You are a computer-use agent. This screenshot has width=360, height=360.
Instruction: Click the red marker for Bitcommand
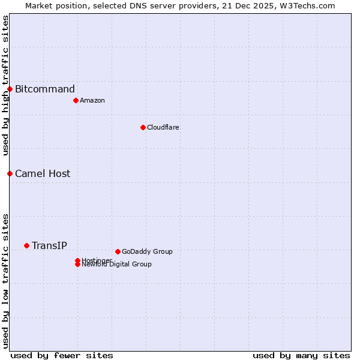(x=10, y=89)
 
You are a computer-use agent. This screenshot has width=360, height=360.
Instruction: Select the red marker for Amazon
(x=76, y=100)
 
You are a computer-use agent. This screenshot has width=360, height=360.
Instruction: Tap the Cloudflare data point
(x=143, y=127)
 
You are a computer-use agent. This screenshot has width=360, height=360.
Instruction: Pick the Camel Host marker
(x=10, y=173)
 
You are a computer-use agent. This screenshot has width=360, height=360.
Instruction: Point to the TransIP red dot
(x=26, y=245)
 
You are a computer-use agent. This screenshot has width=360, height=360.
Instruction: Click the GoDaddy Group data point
(x=118, y=251)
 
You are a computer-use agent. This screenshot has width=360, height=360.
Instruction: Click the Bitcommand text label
(x=45, y=89)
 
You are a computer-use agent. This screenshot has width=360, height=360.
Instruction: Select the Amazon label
(x=92, y=100)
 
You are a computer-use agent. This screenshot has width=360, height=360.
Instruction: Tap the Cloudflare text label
(x=163, y=127)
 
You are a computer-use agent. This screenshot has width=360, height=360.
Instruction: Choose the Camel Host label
(x=43, y=174)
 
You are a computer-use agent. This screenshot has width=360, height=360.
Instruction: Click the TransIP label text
(x=49, y=245)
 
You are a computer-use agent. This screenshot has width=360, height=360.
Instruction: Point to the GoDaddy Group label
(x=147, y=251)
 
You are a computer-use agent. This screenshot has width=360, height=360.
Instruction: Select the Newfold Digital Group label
(x=116, y=264)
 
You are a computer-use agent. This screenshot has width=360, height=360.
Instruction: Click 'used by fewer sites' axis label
(x=62, y=355)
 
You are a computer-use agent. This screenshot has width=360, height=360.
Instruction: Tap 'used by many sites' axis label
(x=301, y=355)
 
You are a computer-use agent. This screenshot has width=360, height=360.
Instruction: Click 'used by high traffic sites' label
(x=5, y=85)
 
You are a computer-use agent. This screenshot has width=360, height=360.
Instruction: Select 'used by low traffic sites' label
(x=5, y=280)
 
